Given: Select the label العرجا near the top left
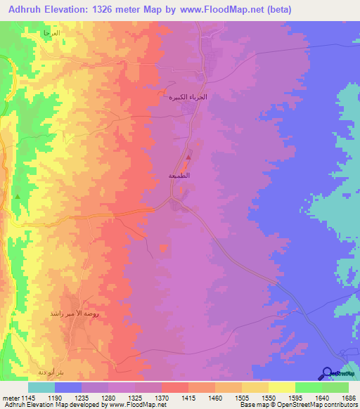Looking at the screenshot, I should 51,33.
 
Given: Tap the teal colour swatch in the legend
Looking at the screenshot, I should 41,387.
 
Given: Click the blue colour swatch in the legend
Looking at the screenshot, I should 68,387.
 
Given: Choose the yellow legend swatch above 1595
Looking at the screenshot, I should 282,387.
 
